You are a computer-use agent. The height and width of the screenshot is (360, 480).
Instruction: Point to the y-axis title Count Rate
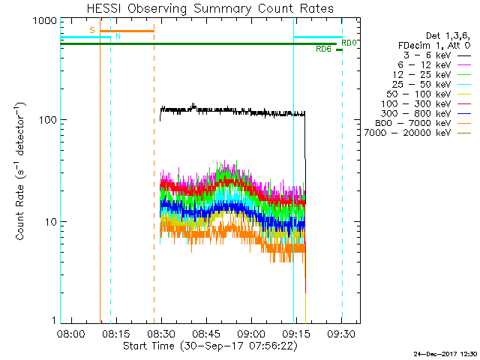22,171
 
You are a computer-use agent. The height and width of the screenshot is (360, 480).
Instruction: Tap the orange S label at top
92,30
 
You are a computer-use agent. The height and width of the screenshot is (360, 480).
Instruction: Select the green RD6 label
323,49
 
